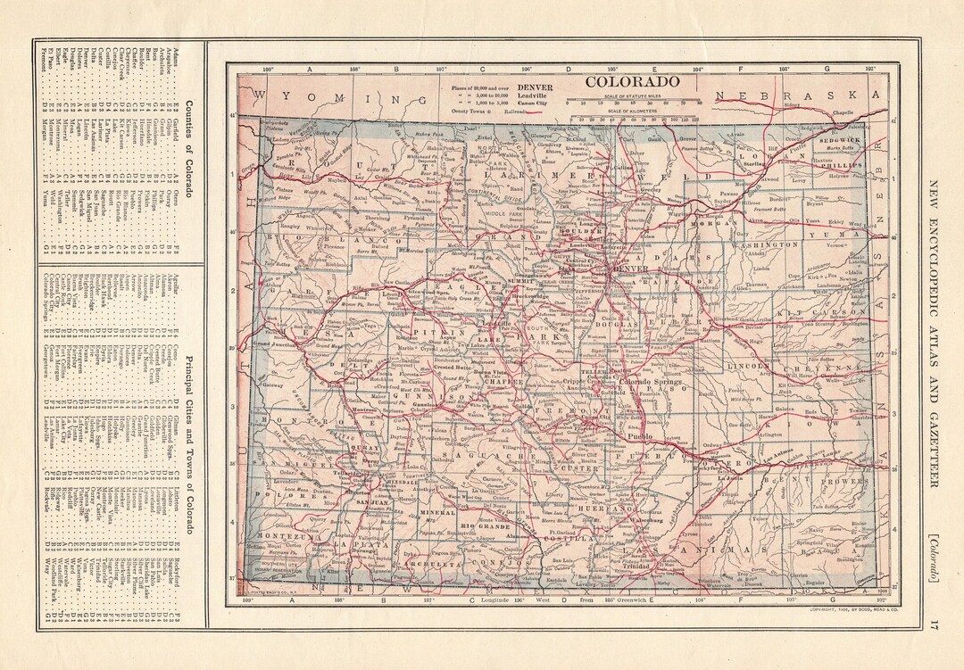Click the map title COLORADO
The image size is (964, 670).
tap(632, 81)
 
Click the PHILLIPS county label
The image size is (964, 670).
tap(840, 165)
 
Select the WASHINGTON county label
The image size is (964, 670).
tap(765, 244)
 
